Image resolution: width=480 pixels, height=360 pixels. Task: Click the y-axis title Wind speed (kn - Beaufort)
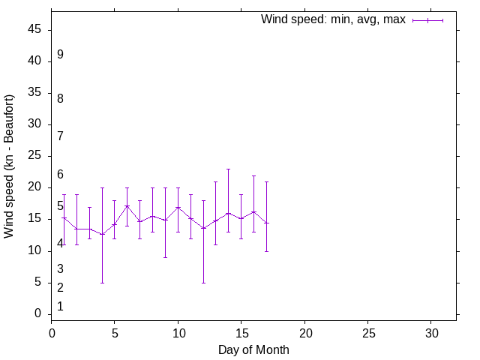[9, 166]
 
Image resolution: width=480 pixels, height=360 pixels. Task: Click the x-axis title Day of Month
[253, 349]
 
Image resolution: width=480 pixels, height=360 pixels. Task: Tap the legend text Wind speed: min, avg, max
[333, 19]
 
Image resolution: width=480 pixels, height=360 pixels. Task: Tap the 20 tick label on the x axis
[304, 332]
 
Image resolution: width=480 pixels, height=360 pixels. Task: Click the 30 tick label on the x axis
[431, 332]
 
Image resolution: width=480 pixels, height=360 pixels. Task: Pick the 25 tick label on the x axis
[367, 332]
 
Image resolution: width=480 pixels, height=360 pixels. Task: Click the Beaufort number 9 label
[60, 55]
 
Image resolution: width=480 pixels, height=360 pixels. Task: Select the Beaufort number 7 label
[60, 136]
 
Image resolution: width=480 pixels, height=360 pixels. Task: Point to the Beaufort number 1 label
[60, 307]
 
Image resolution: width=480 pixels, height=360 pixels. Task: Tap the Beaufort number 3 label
[60, 269]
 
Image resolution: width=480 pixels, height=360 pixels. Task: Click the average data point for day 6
[127, 205]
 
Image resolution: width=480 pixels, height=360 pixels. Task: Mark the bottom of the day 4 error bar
[102, 283]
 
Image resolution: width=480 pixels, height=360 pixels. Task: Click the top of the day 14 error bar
[229, 169]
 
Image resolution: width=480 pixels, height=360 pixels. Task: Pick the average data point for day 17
[266, 223]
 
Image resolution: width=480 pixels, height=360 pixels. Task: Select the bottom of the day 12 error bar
[203, 283]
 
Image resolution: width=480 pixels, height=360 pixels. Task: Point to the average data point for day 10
[178, 207]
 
